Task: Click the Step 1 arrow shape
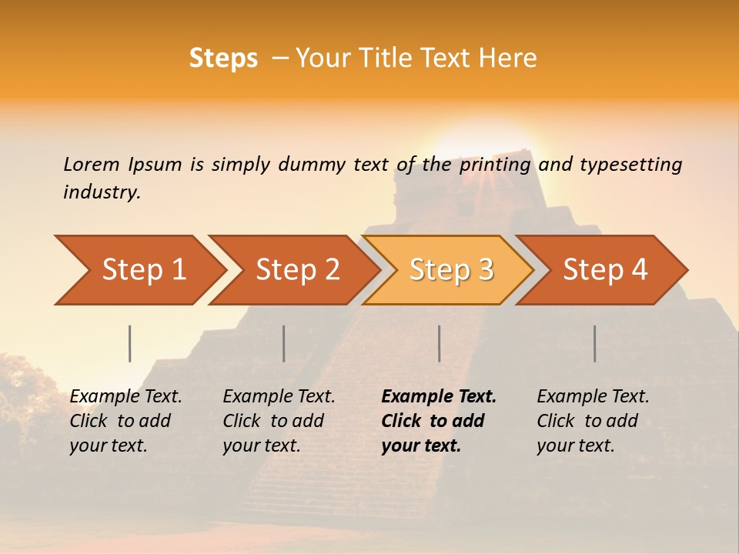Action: (143, 270)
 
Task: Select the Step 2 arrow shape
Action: (297, 270)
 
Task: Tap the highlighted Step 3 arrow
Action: (451, 270)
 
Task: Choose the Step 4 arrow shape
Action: (605, 270)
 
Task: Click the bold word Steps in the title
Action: (223, 58)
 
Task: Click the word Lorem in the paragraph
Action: (91, 164)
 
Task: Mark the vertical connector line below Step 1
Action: (130, 343)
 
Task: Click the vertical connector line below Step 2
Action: (284, 343)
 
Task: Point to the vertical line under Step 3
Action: (440, 343)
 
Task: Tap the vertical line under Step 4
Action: (595, 343)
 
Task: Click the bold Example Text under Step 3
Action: (439, 397)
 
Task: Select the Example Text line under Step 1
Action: (125, 397)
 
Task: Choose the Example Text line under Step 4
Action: (593, 397)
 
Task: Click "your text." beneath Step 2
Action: (262, 446)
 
